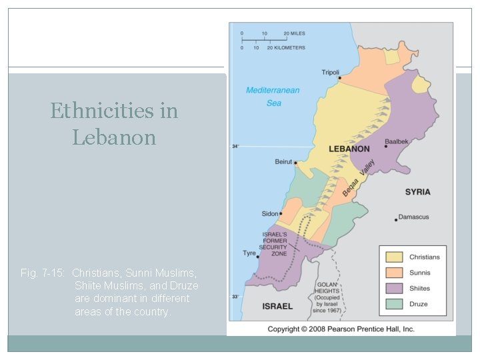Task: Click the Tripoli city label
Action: tap(330, 72)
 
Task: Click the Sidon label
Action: tap(270, 214)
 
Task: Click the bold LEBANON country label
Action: tap(349, 149)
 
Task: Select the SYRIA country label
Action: tap(418, 192)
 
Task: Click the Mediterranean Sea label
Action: tap(273, 97)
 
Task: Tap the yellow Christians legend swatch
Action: tap(394, 257)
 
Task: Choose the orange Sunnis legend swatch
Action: tap(394, 273)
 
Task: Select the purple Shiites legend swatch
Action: tap(394, 289)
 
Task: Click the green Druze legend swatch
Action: tap(394, 304)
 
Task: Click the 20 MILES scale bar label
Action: tap(294, 33)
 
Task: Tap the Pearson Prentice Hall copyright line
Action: tap(341, 329)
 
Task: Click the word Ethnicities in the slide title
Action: tap(114, 110)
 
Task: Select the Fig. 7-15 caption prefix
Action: tap(43, 273)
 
